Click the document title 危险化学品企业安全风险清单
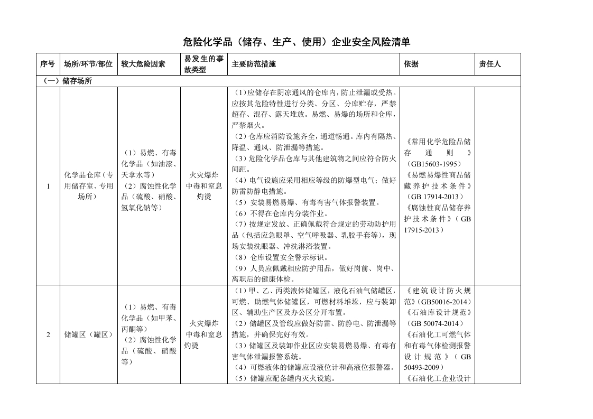tap(296, 42)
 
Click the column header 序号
tap(47, 64)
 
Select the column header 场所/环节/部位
tap(88, 64)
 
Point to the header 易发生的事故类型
tap(204, 64)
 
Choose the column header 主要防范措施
tap(254, 64)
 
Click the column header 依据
tap(411, 64)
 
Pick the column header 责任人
tap(489, 64)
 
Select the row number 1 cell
tap(48, 186)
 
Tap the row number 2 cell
tap(48, 334)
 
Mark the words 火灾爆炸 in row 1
tap(204, 175)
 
